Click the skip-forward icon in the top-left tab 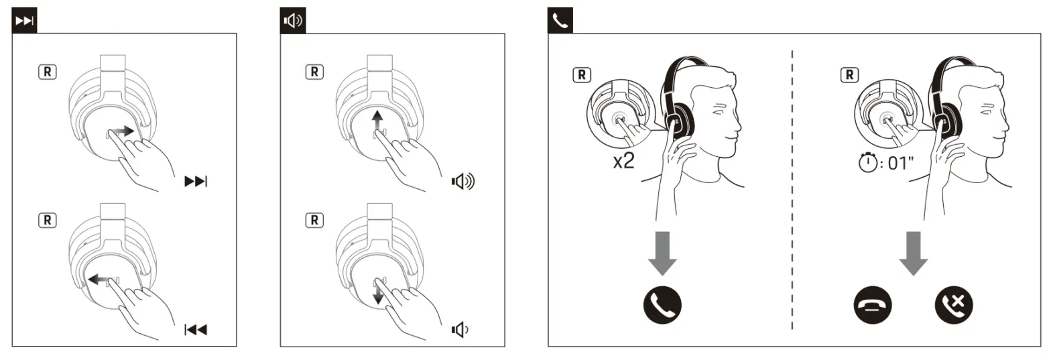pyautogui.click(x=25, y=21)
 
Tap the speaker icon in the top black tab pyautogui.click(x=293, y=21)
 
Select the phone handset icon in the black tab pyautogui.click(x=560, y=21)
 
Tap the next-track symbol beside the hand pyautogui.click(x=196, y=182)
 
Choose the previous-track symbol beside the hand pyautogui.click(x=196, y=329)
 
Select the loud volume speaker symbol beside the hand pyautogui.click(x=462, y=182)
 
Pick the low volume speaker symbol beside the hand pyautogui.click(x=460, y=329)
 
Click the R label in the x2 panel pyautogui.click(x=582, y=74)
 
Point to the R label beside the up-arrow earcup pyautogui.click(x=314, y=72)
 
